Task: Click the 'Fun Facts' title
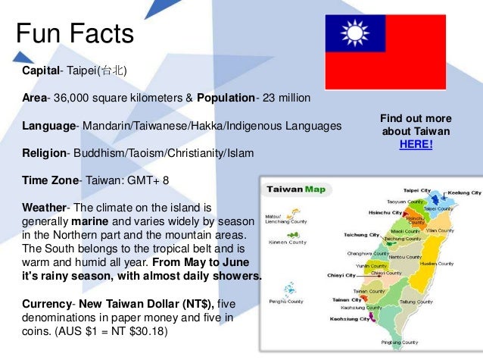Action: click(75, 33)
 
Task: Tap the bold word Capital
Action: click(41, 70)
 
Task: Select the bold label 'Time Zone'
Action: click(51, 180)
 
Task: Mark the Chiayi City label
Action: click(341, 276)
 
